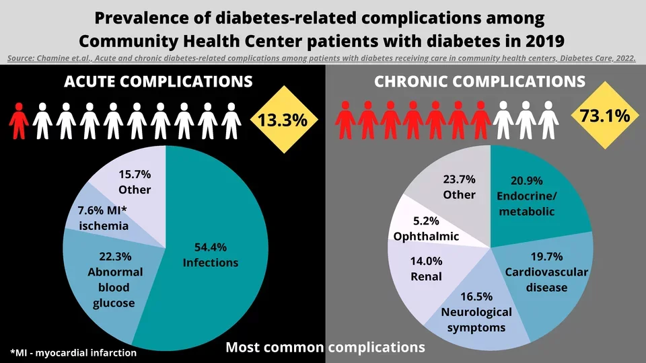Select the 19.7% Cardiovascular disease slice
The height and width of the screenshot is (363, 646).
[552, 276]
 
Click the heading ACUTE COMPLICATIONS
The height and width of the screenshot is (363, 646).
[158, 82]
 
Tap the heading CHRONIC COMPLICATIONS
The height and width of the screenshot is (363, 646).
[480, 82]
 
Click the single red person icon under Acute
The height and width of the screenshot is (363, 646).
[19, 121]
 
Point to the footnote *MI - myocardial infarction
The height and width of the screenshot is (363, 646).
[73, 352]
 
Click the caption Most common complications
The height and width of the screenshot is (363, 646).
[325, 348]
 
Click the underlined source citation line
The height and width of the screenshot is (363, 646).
[322, 58]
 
